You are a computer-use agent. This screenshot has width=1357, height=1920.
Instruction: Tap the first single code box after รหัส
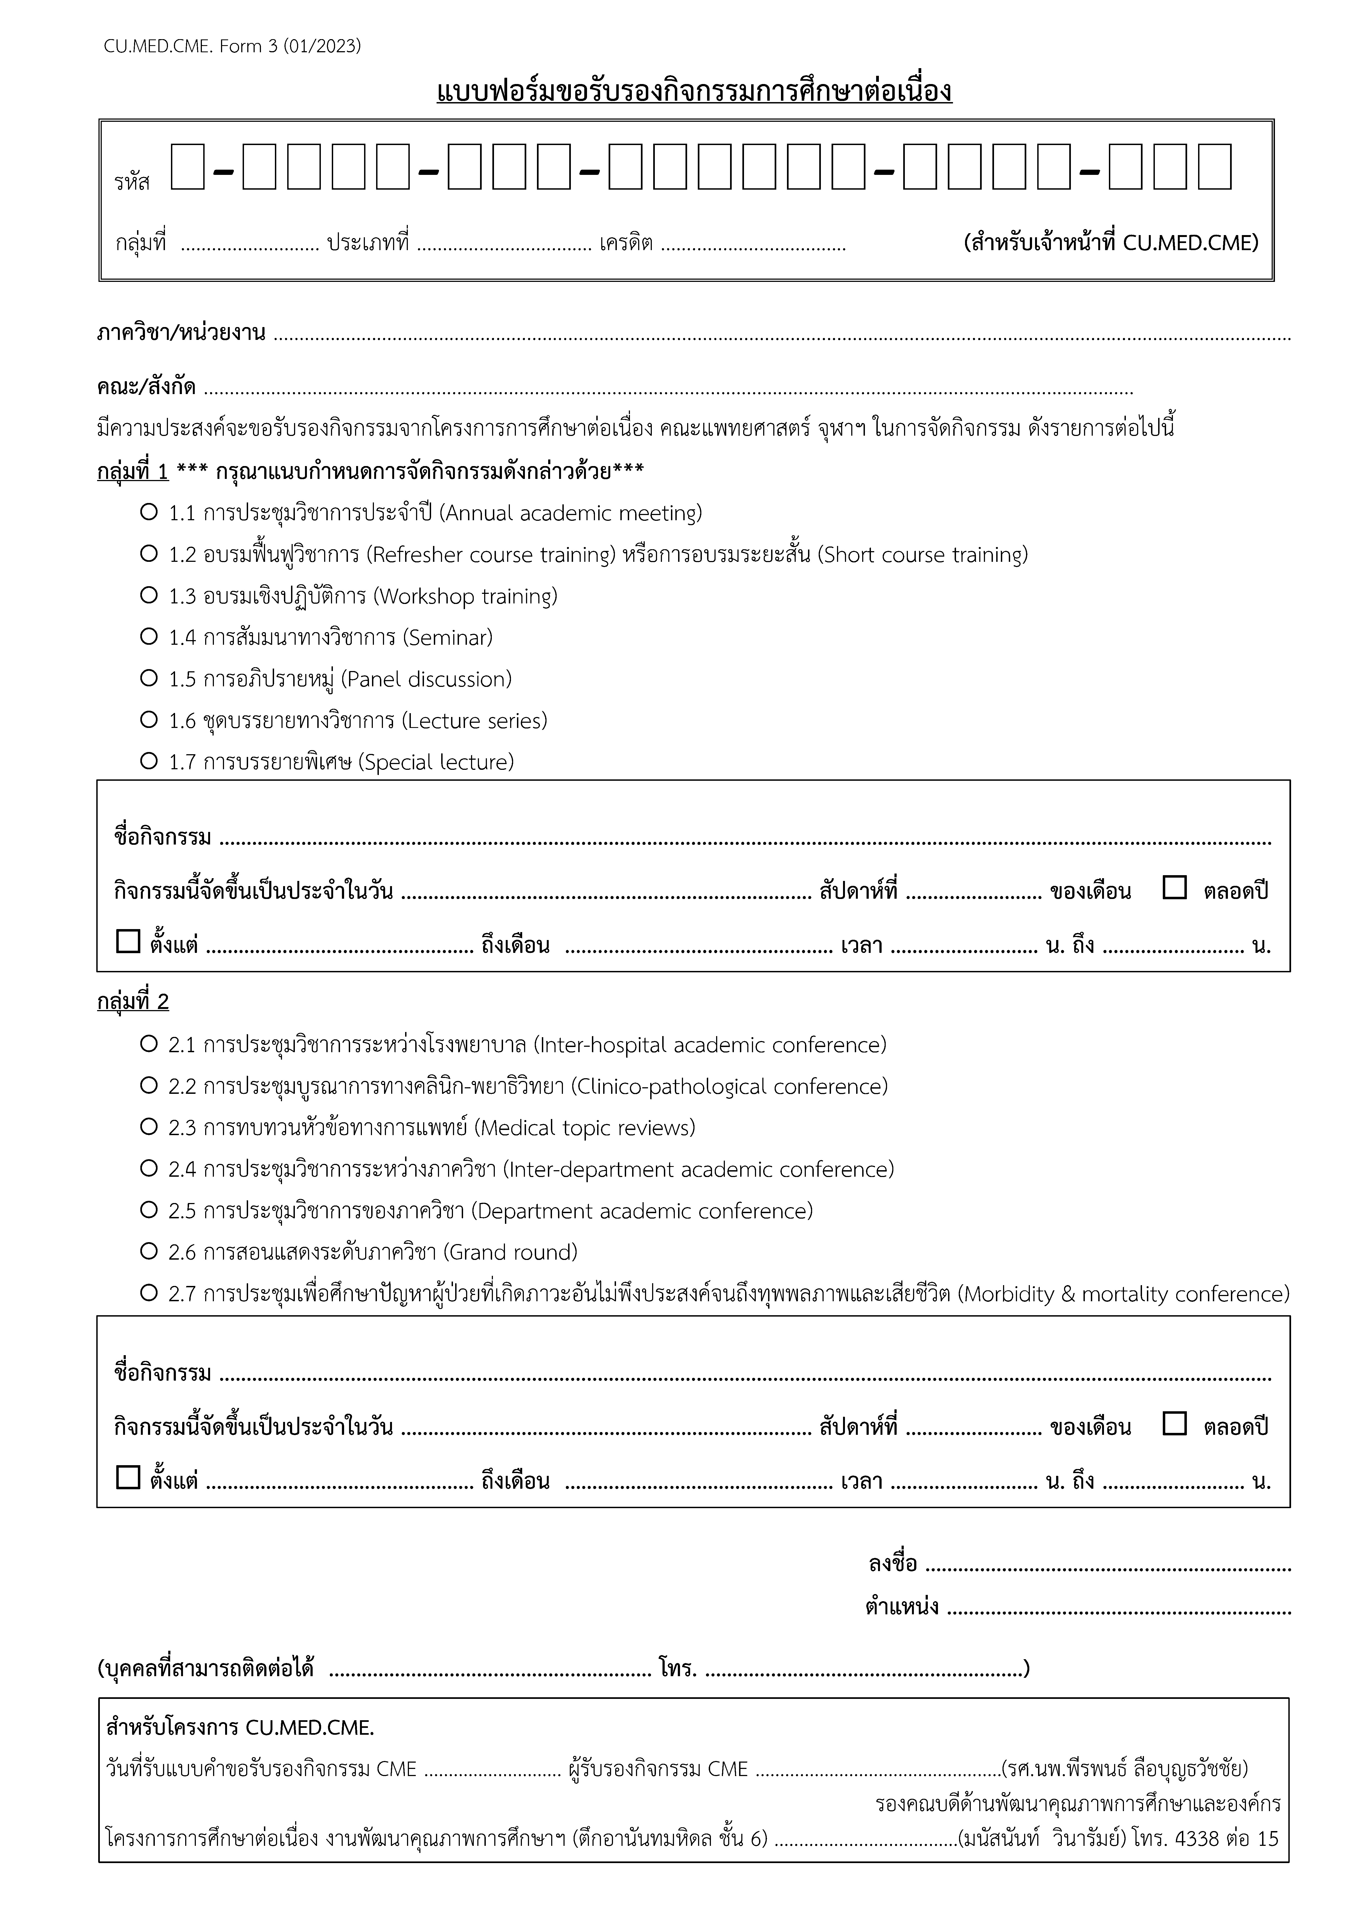[x=187, y=166]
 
